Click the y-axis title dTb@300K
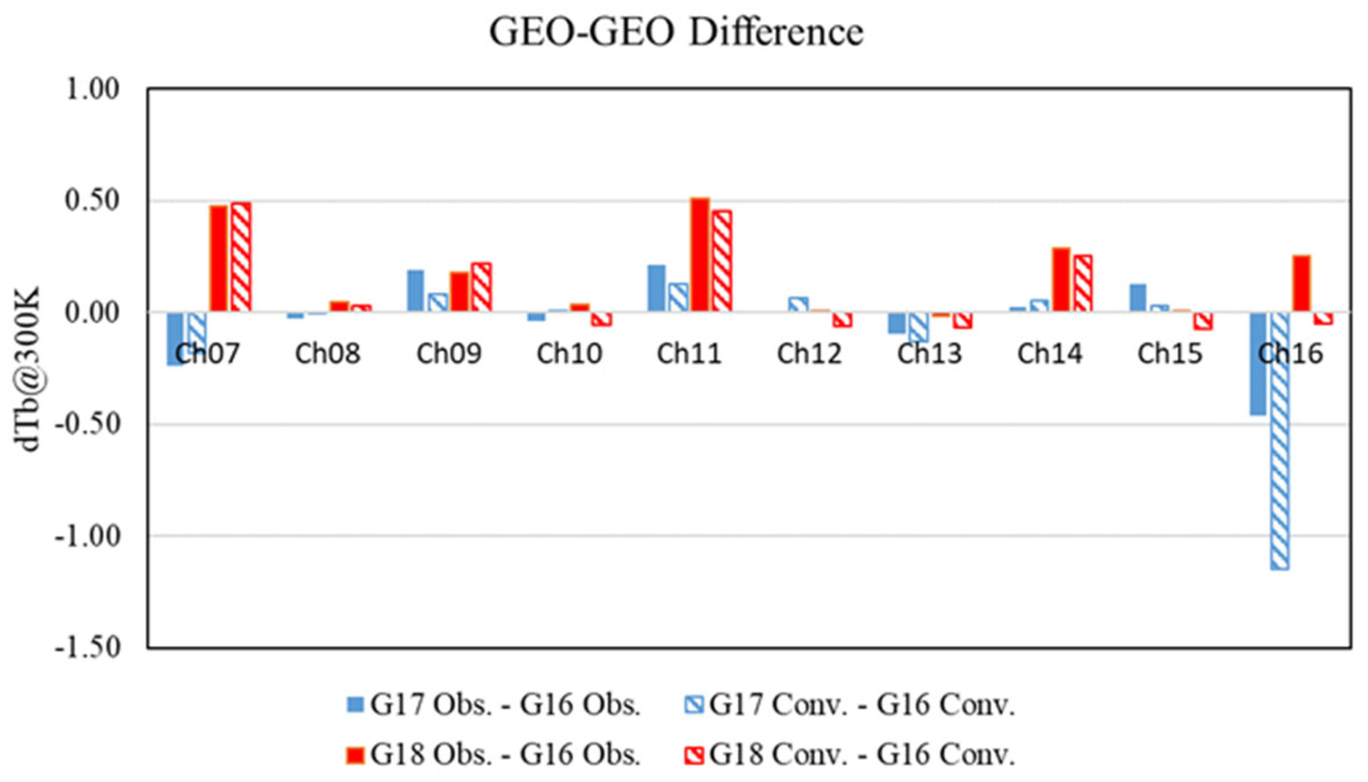27,369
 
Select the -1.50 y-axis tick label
87,647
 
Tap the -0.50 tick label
87,424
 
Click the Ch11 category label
689,353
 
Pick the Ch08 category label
327,353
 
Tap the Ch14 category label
1049,353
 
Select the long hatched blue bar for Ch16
1280,440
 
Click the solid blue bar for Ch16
1258,363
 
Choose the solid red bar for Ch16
1302,283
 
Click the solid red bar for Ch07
219,258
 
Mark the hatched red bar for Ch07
241,257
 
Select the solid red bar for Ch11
700,255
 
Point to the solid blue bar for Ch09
416,291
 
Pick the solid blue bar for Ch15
1138,298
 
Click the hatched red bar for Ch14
1083,283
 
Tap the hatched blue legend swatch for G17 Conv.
694,704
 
